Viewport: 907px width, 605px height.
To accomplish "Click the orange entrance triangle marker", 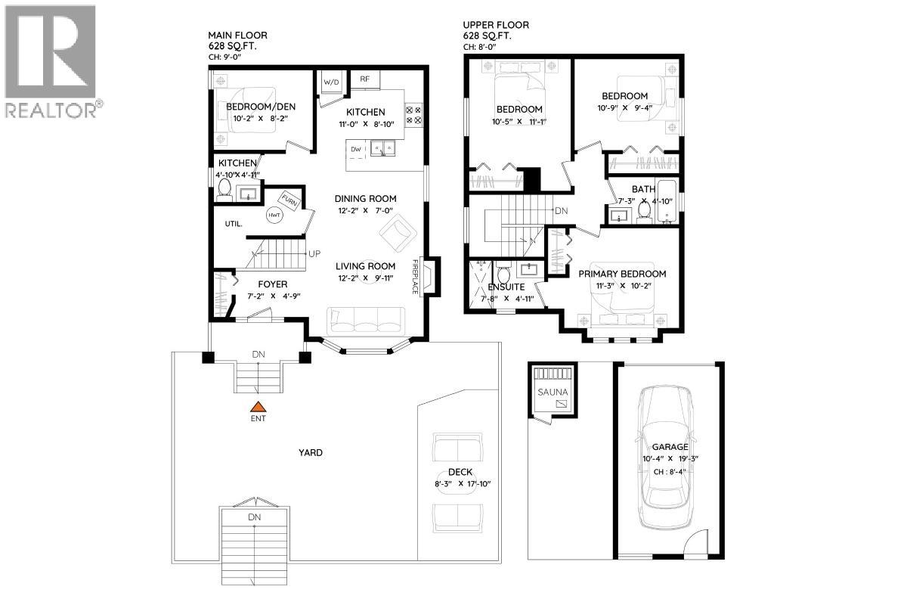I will point(258,407).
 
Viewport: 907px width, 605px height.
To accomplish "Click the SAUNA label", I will point(552,392).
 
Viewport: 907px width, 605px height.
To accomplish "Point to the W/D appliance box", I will point(331,82).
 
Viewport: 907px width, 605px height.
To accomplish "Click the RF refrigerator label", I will point(364,78).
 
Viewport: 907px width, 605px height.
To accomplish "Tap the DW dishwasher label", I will point(354,150).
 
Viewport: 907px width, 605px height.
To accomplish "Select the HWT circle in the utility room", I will point(274,215).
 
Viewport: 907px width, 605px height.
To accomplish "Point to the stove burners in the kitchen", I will point(414,114).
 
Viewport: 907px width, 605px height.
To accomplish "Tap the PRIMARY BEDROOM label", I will point(622,274).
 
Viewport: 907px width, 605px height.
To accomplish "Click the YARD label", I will point(310,453).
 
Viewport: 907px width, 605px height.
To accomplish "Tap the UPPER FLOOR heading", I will point(495,25).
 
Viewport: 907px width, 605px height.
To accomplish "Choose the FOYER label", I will point(272,284).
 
